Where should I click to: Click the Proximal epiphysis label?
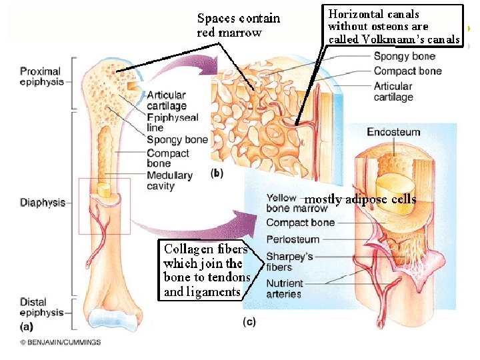pos(41,76)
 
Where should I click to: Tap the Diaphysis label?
pos(41,202)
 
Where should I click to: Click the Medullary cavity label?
pos(169,181)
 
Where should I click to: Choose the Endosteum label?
pos(393,132)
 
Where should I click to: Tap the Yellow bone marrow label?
pos(287,203)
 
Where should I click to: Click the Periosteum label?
pos(293,239)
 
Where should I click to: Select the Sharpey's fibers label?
pos(289,261)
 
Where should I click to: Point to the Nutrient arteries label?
pos(283,289)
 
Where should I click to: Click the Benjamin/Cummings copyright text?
pos(60,342)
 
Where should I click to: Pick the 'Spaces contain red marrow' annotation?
pos(238,25)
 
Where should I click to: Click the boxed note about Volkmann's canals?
pos(394,26)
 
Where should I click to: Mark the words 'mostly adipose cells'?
pos(360,199)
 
